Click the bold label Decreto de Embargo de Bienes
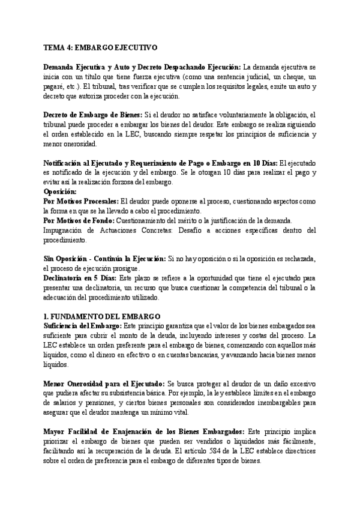(92, 114)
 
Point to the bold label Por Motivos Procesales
(81, 203)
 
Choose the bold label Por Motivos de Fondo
(77, 221)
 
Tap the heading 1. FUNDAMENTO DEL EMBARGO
(103, 316)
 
